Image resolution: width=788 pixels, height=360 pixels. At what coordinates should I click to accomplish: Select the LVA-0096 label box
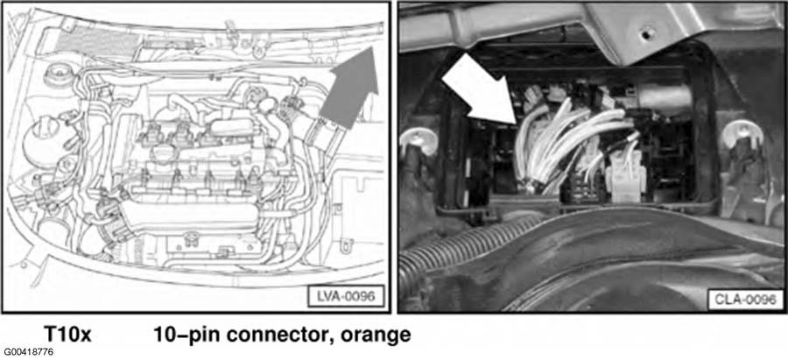pos(347,296)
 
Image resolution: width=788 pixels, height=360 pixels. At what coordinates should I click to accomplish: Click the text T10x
pos(68,334)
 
